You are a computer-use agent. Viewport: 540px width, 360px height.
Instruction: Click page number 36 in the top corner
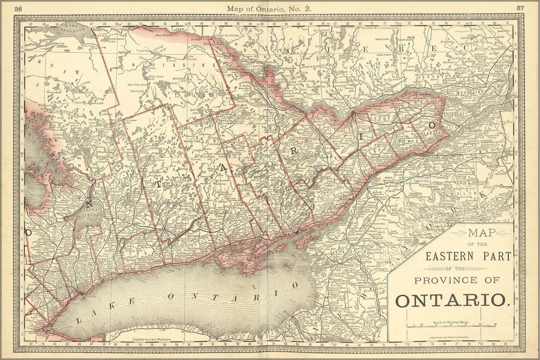18,9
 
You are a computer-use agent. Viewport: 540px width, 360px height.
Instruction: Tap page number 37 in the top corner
520,8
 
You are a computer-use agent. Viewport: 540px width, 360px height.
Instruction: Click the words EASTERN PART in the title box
468,256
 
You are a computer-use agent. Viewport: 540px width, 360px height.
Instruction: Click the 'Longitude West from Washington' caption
151,339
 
